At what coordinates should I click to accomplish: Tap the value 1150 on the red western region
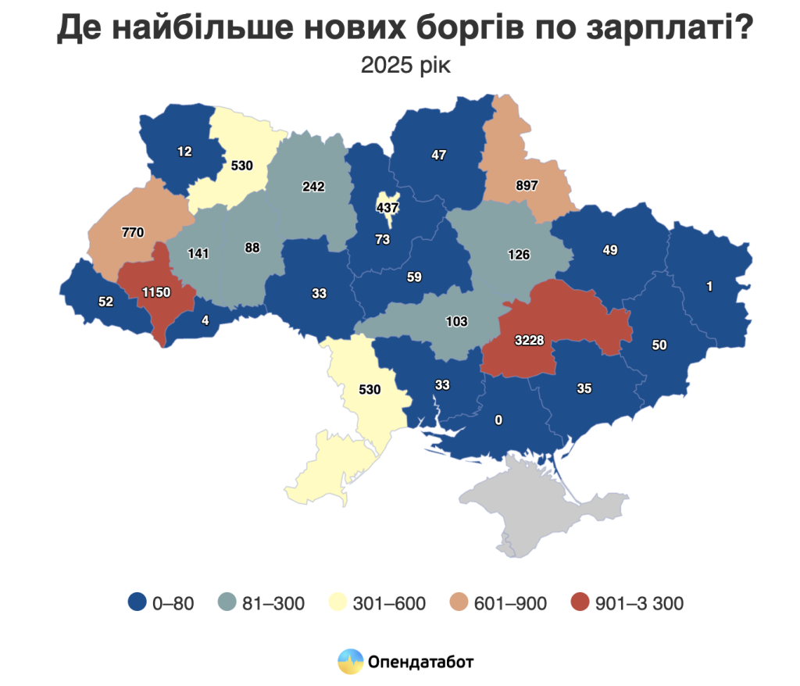coord(155,292)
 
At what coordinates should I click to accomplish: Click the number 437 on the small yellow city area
coord(387,208)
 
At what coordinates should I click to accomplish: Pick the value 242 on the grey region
coord(312,186)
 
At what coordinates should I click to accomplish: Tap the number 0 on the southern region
coord(498,420)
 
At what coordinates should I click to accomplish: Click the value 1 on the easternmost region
coord(709,287)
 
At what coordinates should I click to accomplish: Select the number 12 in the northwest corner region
coord(184,152)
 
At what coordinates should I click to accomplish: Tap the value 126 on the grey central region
coord(518,254)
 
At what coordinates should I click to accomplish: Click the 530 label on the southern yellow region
coord(368,389)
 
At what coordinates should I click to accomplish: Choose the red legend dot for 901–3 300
coord(579,603)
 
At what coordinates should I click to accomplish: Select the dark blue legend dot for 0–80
coord(137,603)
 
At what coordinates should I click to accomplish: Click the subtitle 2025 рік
coord(405,66)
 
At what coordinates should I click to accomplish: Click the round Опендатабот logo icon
coord(351,661)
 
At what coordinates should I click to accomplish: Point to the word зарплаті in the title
coord(659,29)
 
